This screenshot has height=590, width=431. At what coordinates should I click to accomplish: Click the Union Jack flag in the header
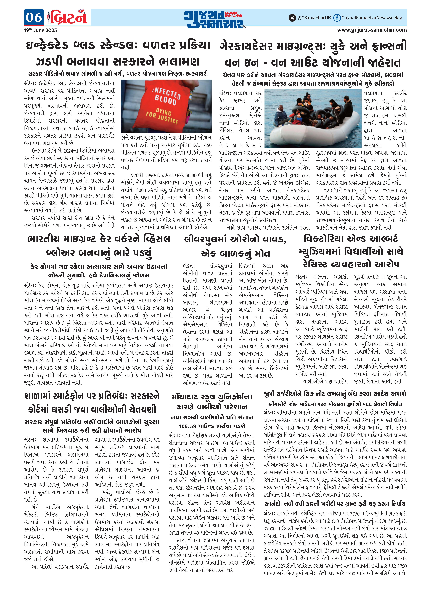pos(81,11)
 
